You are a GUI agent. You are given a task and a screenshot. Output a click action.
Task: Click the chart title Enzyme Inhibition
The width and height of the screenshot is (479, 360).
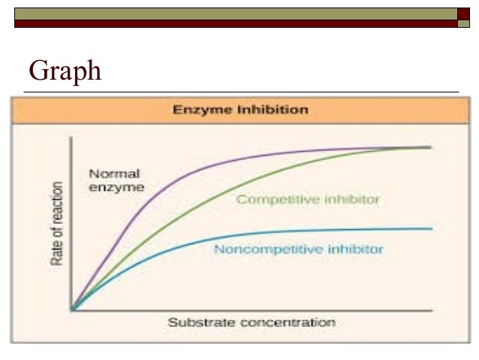tap(240, 110)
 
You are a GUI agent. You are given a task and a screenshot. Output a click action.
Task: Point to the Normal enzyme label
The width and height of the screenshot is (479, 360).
tap(114, 180)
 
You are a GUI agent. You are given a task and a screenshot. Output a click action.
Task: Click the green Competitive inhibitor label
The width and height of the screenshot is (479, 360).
tap(308, 199)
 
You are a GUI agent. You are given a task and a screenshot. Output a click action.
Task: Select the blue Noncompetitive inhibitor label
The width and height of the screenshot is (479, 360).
tap(299, 248)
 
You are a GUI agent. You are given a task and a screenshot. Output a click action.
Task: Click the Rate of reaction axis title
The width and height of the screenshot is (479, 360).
tap(56, 225)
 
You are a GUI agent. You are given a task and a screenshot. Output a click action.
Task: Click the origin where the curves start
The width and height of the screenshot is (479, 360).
tap(71, 308)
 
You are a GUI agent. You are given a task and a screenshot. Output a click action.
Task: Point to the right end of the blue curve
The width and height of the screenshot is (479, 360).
tap(431, 228)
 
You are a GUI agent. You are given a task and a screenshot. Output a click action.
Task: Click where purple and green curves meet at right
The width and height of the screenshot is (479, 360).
tap(424, 147)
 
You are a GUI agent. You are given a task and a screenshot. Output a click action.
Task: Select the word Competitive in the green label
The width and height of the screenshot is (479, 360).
tap(271, 199)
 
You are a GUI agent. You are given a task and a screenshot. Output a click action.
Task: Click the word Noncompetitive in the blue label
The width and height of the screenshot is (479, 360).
tap(259, 248)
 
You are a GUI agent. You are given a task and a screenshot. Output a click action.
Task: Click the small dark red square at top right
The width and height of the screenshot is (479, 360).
tap(463, 14)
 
